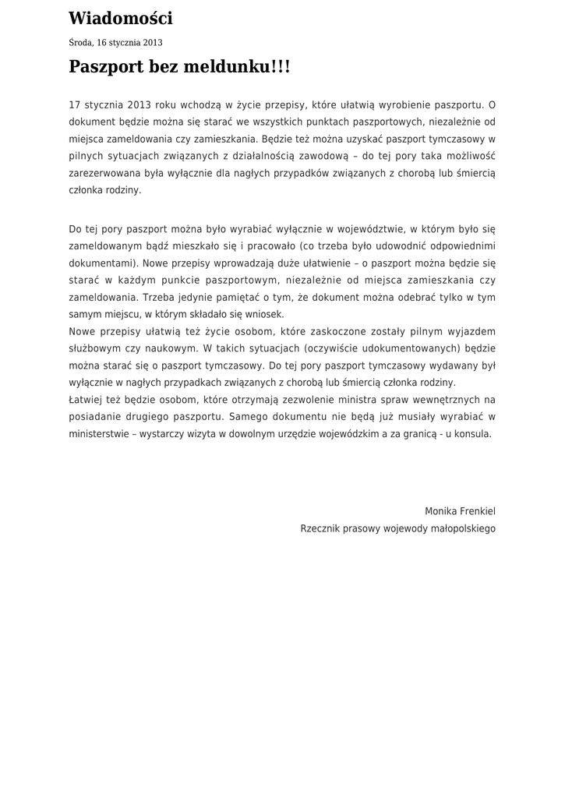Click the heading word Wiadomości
point(121,19)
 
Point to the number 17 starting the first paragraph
point(75,104)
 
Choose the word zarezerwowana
point(102,173)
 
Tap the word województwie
point(367,229)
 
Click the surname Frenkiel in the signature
point(475,511)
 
